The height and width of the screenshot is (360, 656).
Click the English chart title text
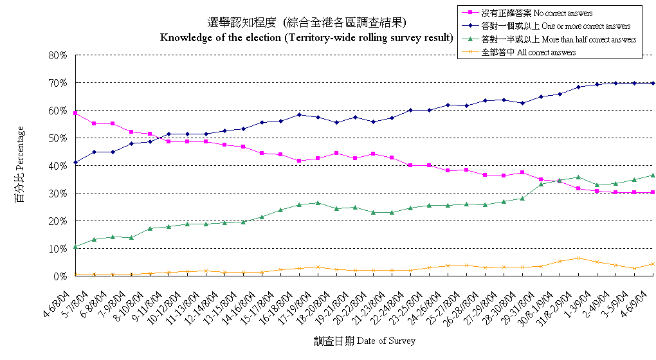pos(306,37)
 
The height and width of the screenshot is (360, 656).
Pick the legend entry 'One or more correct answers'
pos(547,26)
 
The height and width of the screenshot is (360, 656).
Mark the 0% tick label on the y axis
pos(60,276)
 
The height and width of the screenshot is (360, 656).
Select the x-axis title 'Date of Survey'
pos(365,341)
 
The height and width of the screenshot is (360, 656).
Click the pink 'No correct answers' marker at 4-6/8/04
pos(75,113)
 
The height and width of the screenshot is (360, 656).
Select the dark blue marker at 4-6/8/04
pos(75,163)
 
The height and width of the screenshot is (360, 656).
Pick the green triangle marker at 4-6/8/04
pos(75,247)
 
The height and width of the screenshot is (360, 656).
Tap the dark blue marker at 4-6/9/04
pos(653,83)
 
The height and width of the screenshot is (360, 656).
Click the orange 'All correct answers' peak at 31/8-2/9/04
pos(579,258)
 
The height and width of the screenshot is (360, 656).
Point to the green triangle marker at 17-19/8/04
pos(318,203)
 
